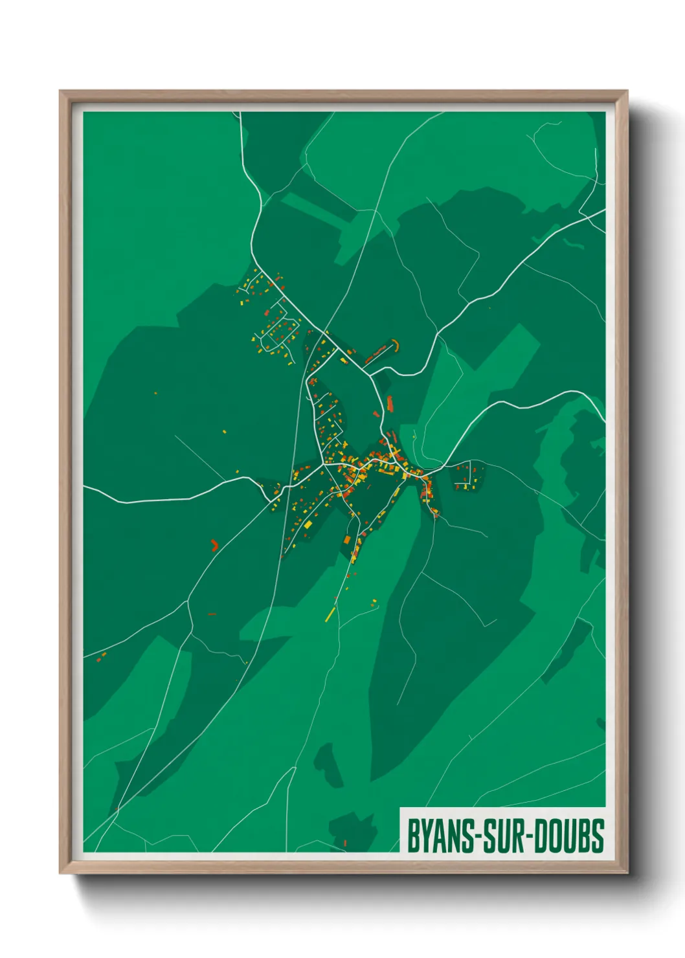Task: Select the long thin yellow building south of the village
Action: click(330, 614)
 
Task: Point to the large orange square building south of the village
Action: click(346, 540)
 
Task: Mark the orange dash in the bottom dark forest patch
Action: click(345, 842)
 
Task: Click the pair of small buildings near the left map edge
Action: click(100, 658)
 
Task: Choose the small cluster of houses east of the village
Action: click(468, 476)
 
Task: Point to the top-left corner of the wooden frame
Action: click(61, 92)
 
